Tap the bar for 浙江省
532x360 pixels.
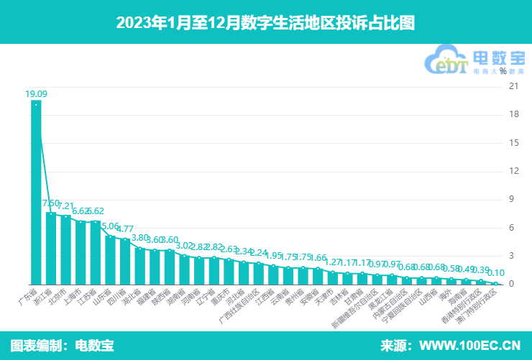click(x=51, y=248)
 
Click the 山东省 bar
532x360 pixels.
click(x=111, y=259)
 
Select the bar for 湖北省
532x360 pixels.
click(x=140, y=266)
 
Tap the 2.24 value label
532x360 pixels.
click(x=260, y=253)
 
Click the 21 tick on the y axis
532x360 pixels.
click(x=513, y=86)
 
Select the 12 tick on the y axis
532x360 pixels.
click(x=513, y=171)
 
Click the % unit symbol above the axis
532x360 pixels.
click(x=513, y=71)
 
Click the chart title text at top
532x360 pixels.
click(x=265, y=22)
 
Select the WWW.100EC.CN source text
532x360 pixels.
click(x=469, y=345)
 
